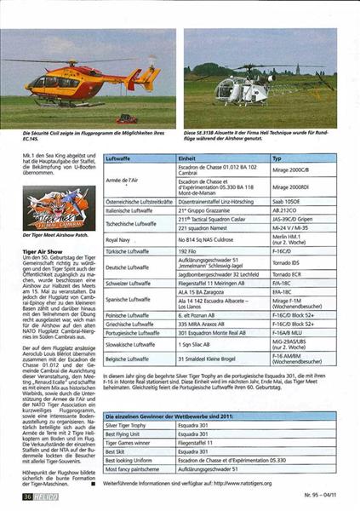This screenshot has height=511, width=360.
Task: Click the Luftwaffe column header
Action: click(x=119, y=159)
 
